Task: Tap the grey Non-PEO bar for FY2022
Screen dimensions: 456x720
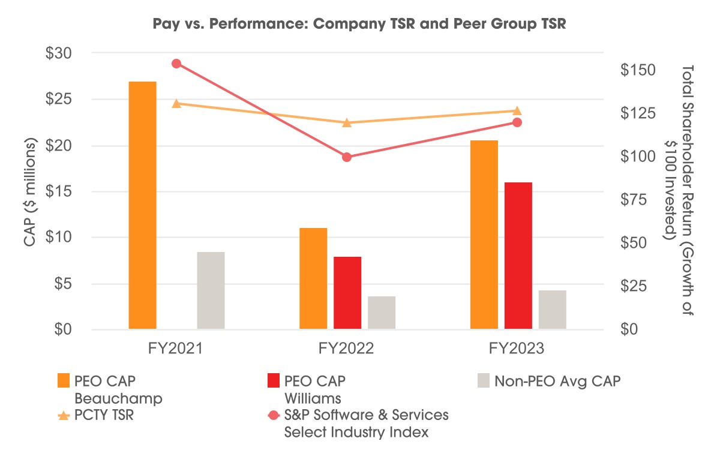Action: pos(382,313)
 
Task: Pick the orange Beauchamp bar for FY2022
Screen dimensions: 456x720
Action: pos(313,278)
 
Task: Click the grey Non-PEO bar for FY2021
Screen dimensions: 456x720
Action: pos(211,290)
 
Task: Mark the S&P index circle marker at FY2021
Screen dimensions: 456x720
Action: pos(176,64)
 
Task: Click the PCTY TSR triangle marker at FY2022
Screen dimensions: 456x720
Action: pos(346,122)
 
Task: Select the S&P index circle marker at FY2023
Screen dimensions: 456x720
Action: pos(517,122)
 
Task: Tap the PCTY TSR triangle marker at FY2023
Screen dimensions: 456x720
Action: pos(517,110)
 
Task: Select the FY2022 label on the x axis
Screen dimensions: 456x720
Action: pos(347,349)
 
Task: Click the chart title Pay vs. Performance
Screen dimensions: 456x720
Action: pos(360,26)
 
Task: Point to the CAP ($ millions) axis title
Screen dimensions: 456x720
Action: pos(29,192)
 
